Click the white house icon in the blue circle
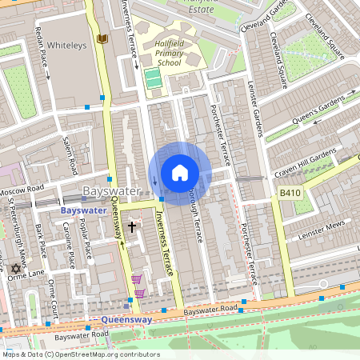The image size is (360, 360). tap(180, 172)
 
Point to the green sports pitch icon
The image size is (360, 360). tap(152, 79)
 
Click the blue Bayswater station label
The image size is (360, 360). tap(83, 210)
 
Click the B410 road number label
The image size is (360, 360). tap(290, 193)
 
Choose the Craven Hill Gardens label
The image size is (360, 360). tap(306, 162)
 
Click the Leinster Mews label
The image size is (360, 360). tap(321, 230)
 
